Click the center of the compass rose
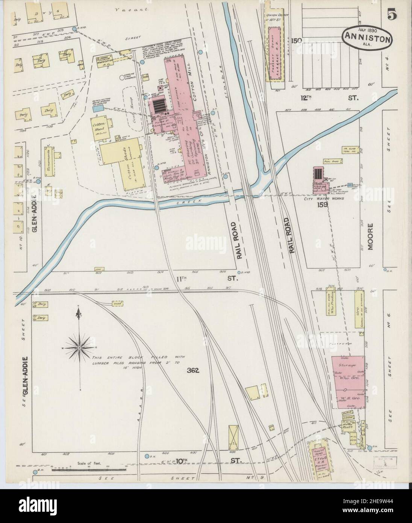coord(79,347)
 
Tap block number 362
coord(192,370)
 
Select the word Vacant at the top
coord(128,9)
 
